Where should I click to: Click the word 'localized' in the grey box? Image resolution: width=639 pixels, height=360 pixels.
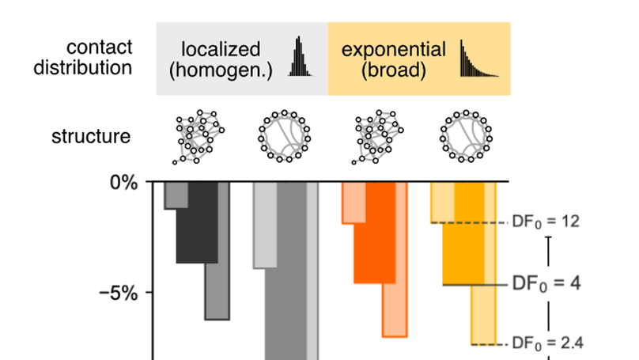click(x=214, y=50)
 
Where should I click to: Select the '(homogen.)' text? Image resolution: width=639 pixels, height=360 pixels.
click(x=221, y=70)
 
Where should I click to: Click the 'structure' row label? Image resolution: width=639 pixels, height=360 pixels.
click(x=91, y=136)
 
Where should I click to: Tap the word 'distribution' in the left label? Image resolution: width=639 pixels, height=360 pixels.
click(x=89, y=67)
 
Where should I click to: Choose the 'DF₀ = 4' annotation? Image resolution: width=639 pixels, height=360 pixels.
click(x=546, y=282)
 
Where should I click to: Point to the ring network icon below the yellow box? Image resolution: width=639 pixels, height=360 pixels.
click(x=464, y=136)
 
